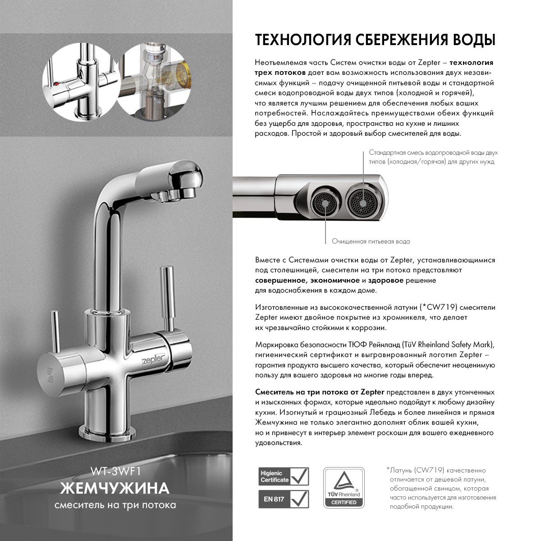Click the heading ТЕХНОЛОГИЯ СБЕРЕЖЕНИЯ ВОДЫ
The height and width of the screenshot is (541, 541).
coord(375,40)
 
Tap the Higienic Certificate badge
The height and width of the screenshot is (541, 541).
coord(284,476)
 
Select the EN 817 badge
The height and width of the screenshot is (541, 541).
coord(284,499)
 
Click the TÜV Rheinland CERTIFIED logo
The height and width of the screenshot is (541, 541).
coord(344,488)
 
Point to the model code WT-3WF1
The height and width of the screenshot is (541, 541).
coord(116,472)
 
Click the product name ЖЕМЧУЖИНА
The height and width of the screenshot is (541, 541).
coord(115,488)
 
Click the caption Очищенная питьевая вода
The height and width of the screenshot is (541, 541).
coord(371,242)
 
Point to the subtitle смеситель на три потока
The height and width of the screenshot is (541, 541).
coord(115,505)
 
